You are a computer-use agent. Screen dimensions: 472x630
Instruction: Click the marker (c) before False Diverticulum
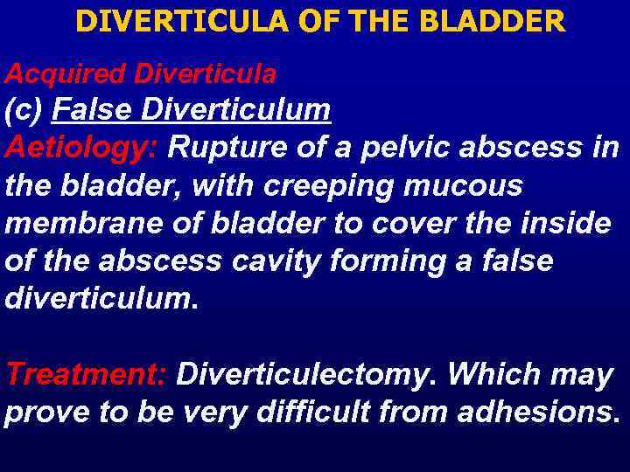[24, 110]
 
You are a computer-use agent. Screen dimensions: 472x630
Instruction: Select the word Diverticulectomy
[309, 374]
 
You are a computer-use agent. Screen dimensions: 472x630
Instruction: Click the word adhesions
[542, 412]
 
